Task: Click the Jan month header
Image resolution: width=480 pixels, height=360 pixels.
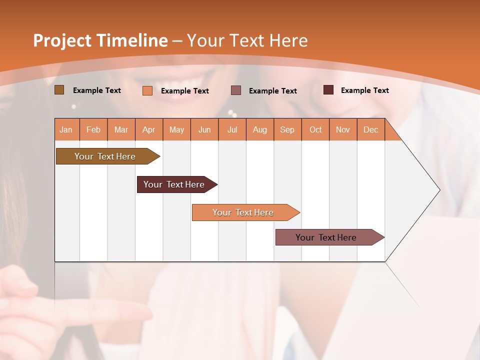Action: click(66, 129)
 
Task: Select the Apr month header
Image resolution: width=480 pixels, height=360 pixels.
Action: click(149, 129)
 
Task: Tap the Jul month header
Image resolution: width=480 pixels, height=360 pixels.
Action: click(232, 129)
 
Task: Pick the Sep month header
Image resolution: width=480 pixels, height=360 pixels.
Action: click(287, 129)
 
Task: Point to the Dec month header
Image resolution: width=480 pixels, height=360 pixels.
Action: click(370, 129)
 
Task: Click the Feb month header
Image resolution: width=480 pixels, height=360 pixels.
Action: click(93, 129)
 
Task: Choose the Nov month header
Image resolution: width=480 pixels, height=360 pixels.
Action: click(343, 129)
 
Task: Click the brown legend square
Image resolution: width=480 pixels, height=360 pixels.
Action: click(59, 90)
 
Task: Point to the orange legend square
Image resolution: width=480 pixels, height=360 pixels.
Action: click(147, 90)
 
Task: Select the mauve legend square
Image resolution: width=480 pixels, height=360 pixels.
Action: click(236, 90)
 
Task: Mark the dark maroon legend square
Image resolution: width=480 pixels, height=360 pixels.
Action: click(328, 90)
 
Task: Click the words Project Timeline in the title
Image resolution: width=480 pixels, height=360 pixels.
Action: click(100, 40)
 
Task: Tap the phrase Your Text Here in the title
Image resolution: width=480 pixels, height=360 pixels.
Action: click(247, 40)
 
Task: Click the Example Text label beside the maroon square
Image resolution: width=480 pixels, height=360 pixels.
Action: click(364, 90)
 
